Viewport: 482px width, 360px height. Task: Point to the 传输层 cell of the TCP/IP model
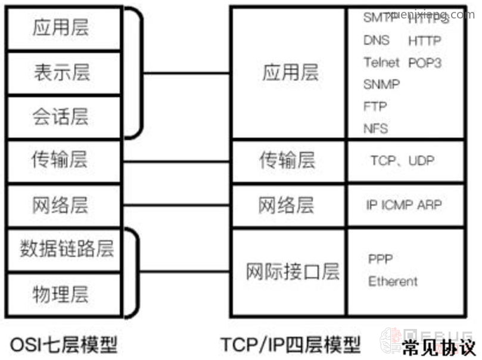(x=287, y=160)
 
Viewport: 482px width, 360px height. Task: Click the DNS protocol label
(x=377, y=40)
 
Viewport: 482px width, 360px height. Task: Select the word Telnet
(x=382, y=62)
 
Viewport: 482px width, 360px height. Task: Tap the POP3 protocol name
(x=425, y=62)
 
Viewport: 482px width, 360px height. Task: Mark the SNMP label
(x=381, y=84)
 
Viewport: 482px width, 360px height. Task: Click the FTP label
(x=375, y=106)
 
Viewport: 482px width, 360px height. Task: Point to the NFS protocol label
(x=375, y=128)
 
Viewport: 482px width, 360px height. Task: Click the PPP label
(x=380, y=259)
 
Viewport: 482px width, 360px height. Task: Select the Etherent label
(x=393, y=281)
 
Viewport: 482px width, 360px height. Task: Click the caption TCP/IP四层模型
(x=291, y=345)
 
